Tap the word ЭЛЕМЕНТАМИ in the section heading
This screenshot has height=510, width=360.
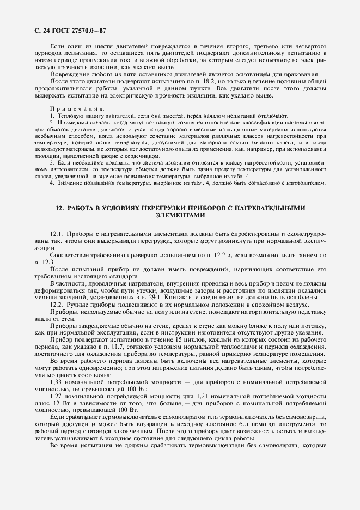(180, 215)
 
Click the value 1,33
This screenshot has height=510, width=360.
(58, 382)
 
